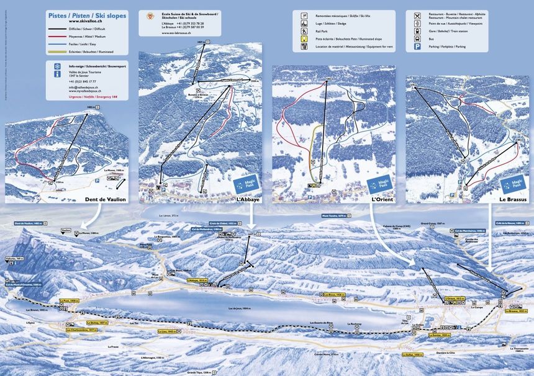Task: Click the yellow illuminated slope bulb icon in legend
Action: pos(304,38)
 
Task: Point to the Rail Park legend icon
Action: pos(304,30)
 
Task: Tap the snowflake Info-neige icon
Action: pos(57,66)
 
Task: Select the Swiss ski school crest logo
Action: pos(150,16)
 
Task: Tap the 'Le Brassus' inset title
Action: pos(512,199)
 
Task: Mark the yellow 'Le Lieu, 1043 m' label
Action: pos(169,331)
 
